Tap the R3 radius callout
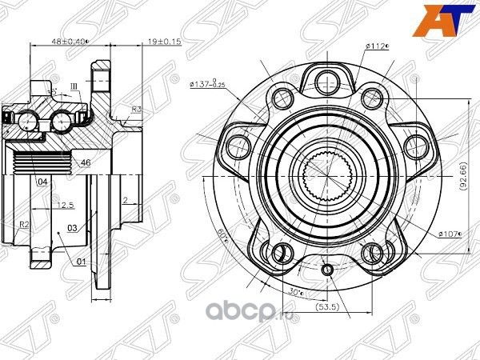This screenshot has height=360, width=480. (137, 109)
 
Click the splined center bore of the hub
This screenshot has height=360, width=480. (327, 174)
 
